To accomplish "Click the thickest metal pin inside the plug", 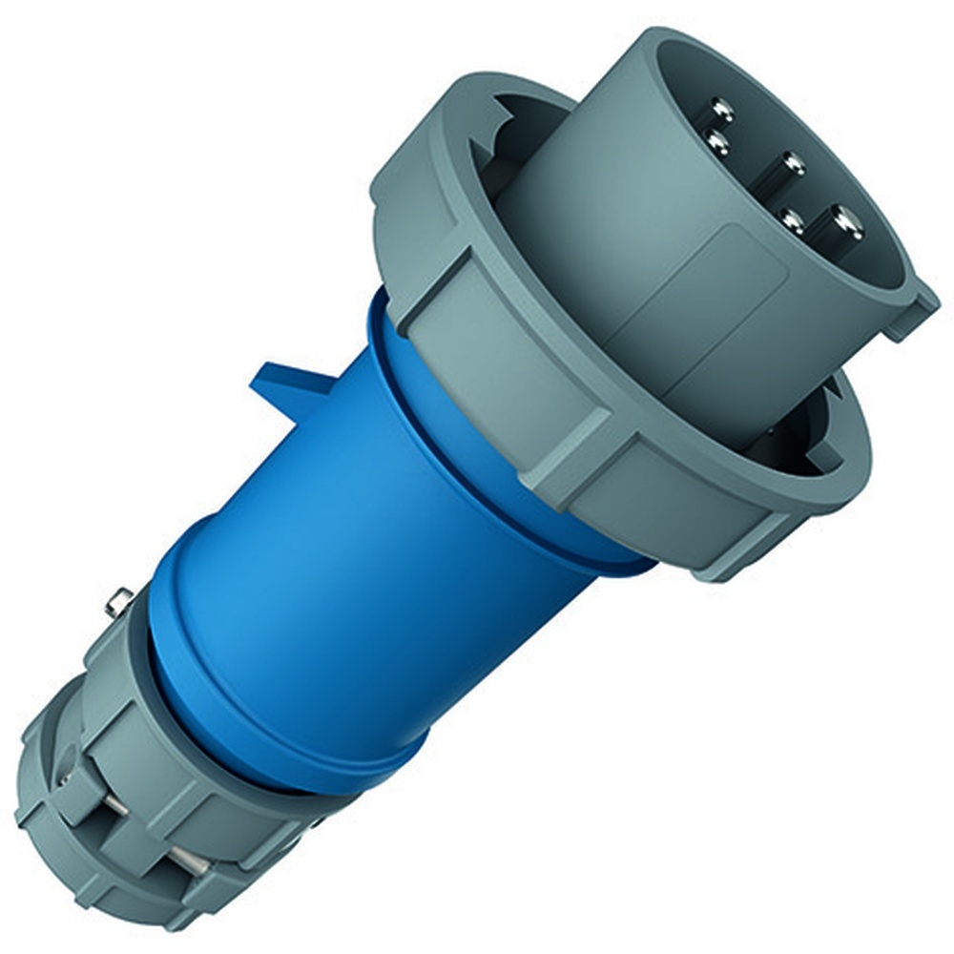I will click(x=845, y=222).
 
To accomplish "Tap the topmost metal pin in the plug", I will click(x=722, y=113).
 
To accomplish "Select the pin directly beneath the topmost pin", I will click(x=715, y=143).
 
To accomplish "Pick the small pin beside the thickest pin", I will click(x=792, y=219).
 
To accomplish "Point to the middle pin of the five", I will click(x=791, y=164).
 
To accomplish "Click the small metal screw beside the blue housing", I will click(x=119, y=603).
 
